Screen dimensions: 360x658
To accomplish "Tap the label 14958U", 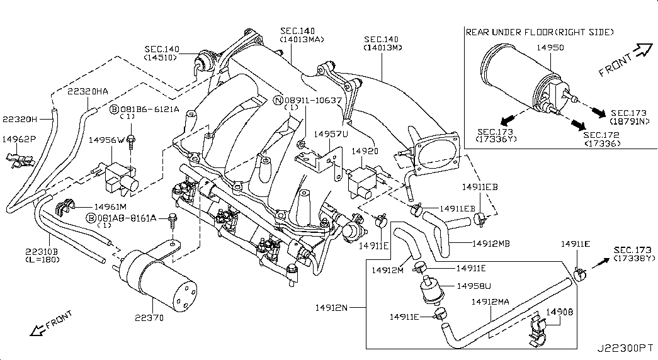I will click(474, 286).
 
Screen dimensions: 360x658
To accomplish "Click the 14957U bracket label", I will click(327, 134).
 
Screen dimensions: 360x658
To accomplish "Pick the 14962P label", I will click(20, 138).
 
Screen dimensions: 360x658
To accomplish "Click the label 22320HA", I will click(88, 91).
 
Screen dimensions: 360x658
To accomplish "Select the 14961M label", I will click(110, 206).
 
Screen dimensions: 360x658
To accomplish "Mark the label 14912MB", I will click(489, 242).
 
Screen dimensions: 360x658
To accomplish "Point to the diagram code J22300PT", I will click(626, 347).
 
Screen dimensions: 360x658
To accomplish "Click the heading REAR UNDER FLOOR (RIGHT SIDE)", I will click(539, 31).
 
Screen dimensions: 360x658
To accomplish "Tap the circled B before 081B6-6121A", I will click(115, 109).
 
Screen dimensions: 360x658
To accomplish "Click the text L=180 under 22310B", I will click(42, 259).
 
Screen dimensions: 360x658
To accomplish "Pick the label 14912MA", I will click(490, 303).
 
